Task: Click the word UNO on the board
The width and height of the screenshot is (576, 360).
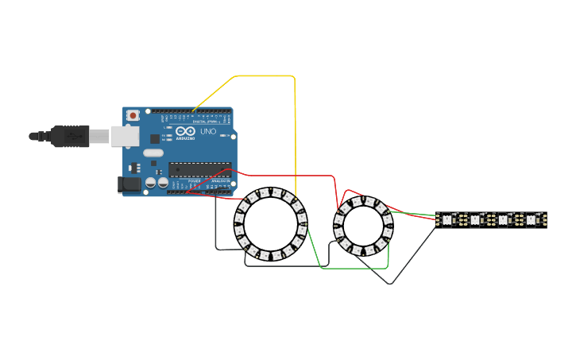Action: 208,131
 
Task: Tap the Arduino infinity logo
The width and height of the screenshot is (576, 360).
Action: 184,132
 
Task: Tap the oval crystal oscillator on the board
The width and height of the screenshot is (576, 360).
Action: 153,153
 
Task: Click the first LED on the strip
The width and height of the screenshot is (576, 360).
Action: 446,219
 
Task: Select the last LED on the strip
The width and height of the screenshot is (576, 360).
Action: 531,219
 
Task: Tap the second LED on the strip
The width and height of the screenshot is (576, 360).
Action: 475,219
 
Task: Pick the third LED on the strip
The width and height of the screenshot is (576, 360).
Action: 503,219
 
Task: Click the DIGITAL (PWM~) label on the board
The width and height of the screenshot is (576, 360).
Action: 204,121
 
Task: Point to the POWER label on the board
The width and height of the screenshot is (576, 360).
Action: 195,181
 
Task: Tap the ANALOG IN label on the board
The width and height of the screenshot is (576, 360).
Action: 220,181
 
